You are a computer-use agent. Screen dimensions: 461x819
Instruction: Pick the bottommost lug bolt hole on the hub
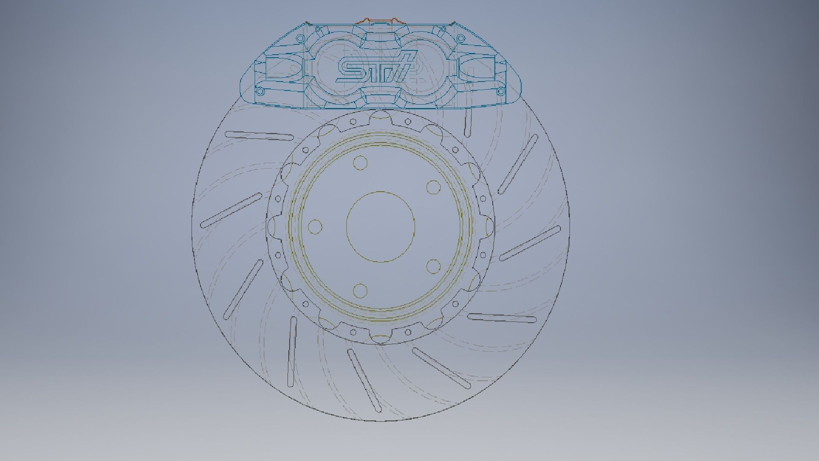[x=360, y=290]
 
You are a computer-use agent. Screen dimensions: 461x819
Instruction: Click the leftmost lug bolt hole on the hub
[x=315, y=227]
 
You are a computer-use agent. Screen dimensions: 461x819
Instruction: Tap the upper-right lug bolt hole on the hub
[x=433, y=187]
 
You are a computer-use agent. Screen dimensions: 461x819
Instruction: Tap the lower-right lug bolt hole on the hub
[x=433, y=266]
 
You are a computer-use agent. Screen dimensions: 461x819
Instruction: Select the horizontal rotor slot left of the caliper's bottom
[x=259, y=136]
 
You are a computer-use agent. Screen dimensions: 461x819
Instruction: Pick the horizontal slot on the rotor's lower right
[x=502, y=318]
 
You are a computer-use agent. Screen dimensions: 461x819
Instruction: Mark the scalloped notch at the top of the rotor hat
[x=380, y=115]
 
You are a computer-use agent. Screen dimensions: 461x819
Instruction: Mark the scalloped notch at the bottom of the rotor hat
[x=380, y=339]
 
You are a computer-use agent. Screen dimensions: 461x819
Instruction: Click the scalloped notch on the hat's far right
[x=489, y=227]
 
